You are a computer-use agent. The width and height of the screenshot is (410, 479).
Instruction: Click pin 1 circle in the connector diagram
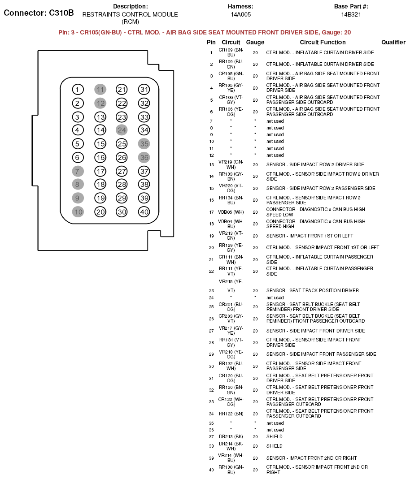[78, 90]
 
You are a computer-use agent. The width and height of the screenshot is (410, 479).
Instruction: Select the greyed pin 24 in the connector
[122, 130]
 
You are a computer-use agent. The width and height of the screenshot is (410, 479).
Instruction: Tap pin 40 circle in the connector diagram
[144, 212]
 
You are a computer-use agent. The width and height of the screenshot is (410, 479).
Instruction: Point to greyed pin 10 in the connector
[78, 212]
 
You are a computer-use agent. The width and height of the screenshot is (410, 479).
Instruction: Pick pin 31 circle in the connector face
[144, 90]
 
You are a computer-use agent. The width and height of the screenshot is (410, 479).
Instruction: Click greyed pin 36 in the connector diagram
[144, 158]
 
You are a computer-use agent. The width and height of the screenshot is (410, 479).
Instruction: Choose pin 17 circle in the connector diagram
[100, 171]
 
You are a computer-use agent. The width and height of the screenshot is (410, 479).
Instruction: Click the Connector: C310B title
[39, 13]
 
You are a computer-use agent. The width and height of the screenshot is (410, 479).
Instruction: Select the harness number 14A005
[240, 15]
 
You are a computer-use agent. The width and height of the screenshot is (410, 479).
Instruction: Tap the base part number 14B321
[351, 15]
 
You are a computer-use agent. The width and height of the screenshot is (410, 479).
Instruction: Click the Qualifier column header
[393, 43]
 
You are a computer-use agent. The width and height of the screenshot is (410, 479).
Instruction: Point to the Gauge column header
[255, 43]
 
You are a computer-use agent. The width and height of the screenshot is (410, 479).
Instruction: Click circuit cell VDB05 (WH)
[231, 212]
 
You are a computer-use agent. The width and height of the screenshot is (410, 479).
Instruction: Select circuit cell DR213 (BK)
[231, 437]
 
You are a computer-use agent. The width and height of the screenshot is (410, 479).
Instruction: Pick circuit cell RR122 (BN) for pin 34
[231, 414]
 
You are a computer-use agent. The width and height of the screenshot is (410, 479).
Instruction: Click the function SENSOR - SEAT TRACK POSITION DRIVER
[312, 291]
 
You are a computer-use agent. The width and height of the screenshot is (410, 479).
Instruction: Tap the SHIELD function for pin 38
[275, 446]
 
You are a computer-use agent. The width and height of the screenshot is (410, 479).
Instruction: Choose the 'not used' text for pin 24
[275, 298]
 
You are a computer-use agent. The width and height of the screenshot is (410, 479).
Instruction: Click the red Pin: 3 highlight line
[205, 33]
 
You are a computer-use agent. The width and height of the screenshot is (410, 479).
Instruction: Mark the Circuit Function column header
[323, 43]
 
